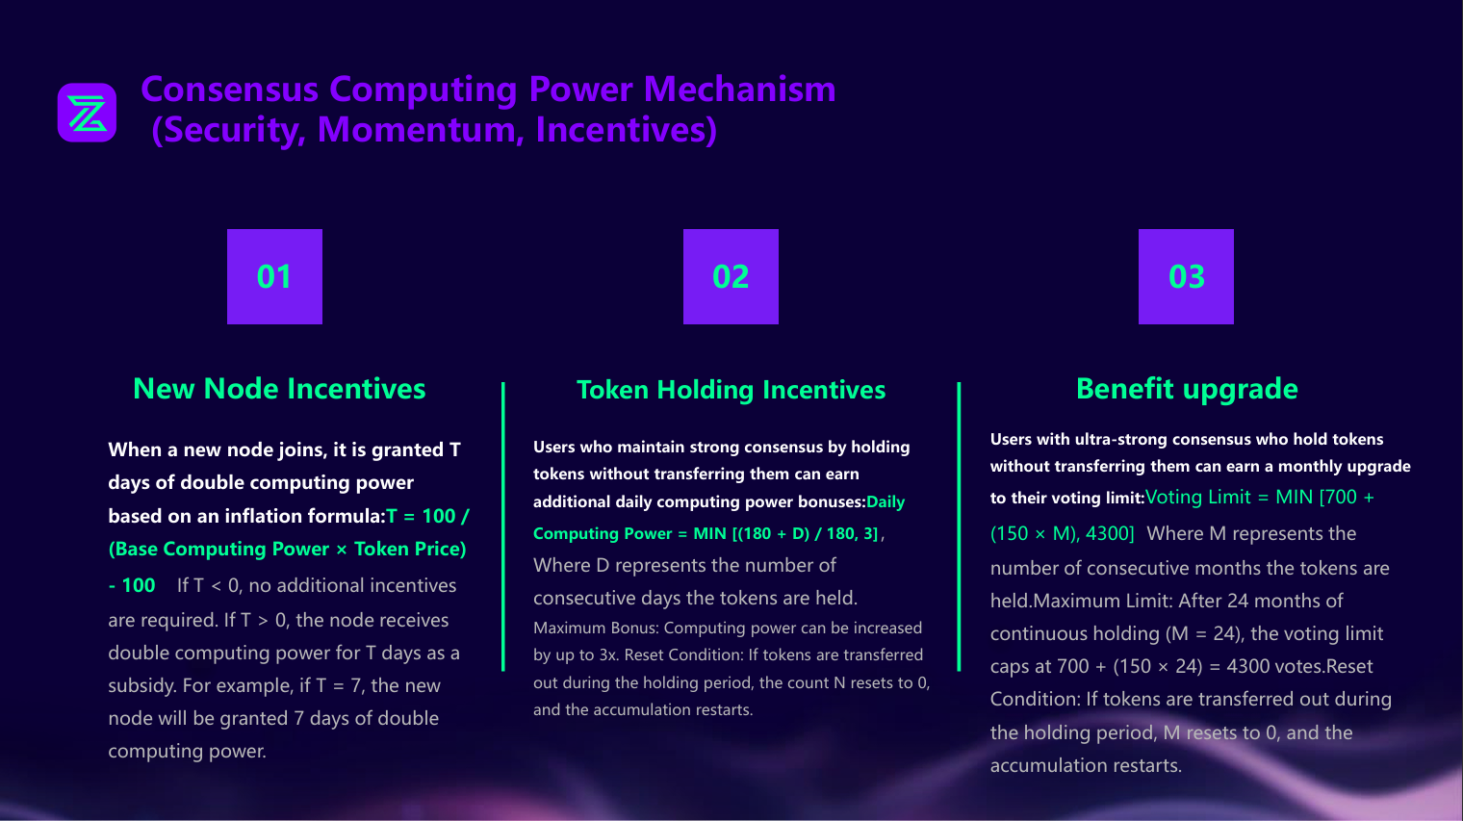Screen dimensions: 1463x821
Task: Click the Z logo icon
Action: pos(87,113)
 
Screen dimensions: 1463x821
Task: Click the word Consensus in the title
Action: pos(229,89)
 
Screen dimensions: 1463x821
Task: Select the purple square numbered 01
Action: pos(274,276)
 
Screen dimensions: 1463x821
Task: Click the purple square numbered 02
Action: pos(731,276)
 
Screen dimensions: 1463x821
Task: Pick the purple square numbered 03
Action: pos(1186,276)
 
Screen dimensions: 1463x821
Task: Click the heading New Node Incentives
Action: pos(279,389)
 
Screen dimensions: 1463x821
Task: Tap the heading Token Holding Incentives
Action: pos(731,389)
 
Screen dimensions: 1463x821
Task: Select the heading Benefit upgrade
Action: pos(1187,389)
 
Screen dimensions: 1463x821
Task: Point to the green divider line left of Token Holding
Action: pos(502,526)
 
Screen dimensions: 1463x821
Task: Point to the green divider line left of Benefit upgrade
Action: pos(959,526)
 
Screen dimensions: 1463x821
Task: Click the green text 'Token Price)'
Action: pos(410,549)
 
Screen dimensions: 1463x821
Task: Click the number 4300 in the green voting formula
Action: pos(1110,533)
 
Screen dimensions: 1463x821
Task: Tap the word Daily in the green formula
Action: pos(885,501)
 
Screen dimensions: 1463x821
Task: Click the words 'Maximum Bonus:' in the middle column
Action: pos(596,628)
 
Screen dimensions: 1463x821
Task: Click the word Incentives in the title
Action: pos(626,129)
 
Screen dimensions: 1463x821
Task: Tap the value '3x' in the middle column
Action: pos(608,655)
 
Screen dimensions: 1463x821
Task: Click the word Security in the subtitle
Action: pos(233,129)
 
